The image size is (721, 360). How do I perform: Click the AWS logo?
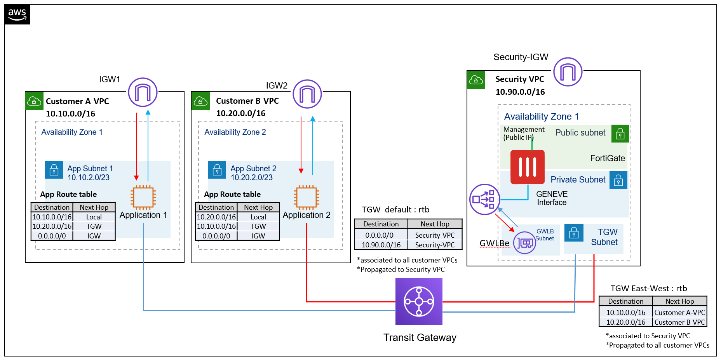(17, 15)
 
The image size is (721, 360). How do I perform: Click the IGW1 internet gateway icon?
(143, 92)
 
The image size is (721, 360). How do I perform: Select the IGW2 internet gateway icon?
(307, 94)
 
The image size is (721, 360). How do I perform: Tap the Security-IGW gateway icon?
(568, 72)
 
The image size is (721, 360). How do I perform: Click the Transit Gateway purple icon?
(419, 301)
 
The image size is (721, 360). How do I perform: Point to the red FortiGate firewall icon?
(527, 167)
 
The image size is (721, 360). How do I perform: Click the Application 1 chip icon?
(143, 197)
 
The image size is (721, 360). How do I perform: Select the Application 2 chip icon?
(307, 197)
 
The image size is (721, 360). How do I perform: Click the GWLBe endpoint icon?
(524, 243)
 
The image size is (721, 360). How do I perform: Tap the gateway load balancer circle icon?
(484, 199)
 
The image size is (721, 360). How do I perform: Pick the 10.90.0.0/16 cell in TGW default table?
(381, 245)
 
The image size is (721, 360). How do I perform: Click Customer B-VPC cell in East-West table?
(679, 322)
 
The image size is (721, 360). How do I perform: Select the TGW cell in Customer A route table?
(94, 226)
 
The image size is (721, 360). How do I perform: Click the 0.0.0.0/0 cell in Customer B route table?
(216, 236)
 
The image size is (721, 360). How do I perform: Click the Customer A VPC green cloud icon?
(34, 101)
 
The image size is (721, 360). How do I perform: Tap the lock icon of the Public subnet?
(620, 134)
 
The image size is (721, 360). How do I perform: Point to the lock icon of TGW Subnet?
(573, 233)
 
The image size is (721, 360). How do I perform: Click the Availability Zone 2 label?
(235, 132)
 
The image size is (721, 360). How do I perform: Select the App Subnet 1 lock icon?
(54, 170)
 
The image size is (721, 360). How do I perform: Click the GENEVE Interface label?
(552, 198)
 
